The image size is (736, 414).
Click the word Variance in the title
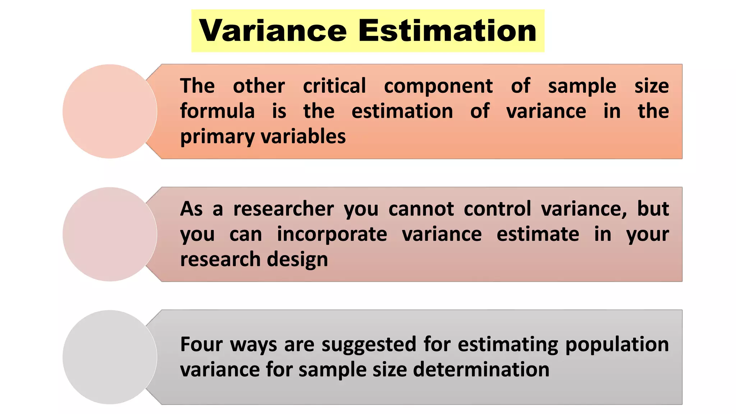(x=273, y=31)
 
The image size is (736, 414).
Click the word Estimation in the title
(x=447, y=31)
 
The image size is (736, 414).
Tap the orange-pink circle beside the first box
(x=110, y=111)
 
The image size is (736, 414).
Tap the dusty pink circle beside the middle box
(x=110, y=234)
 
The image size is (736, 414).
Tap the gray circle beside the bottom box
(x=110, y=357)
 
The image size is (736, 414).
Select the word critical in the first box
(x=334, y=86)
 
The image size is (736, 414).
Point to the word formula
(x=217, y=111)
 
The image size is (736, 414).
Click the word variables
(x=303, y=137)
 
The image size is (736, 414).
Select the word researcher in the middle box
(x=284, y=209)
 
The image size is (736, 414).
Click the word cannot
(x=421, y=209)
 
